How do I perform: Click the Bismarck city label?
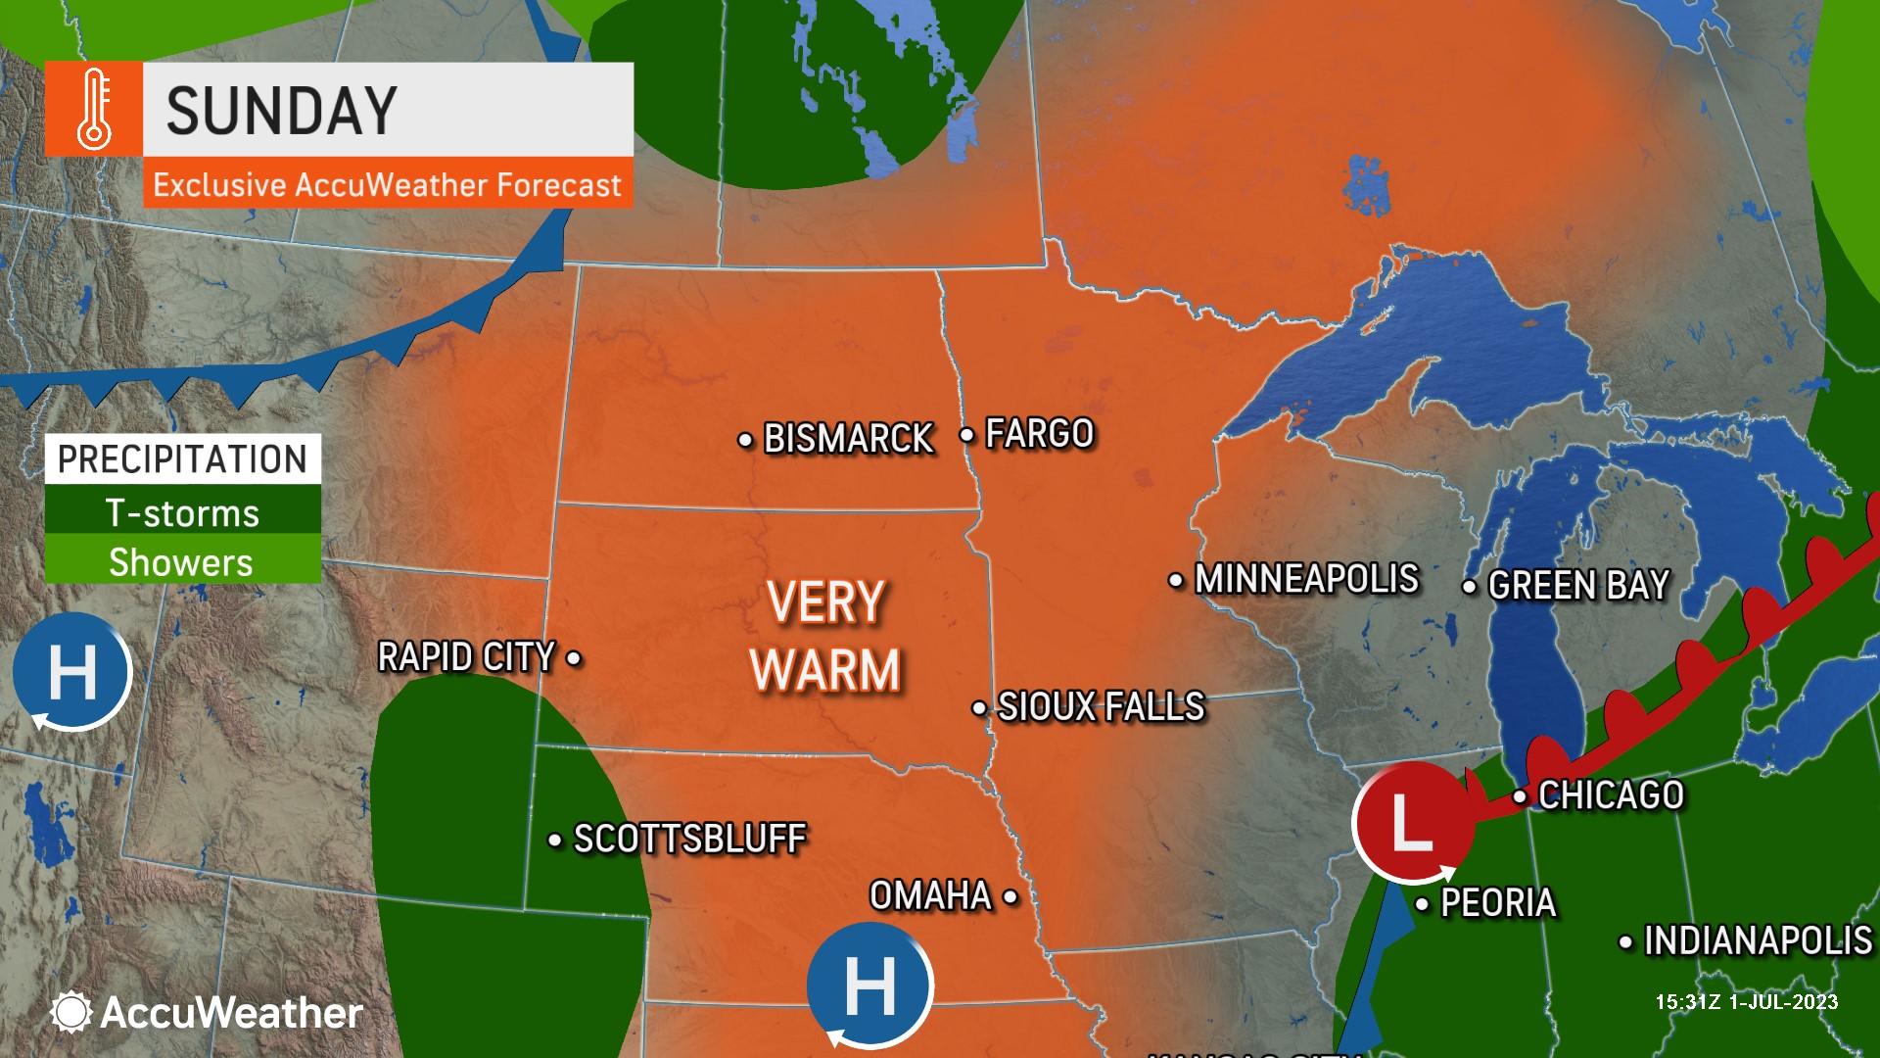(848, 439)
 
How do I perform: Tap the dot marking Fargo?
(966, 434)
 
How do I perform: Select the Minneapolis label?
(1306, 579)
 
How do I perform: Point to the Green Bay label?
(1578, 586)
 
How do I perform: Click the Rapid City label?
(466, 657)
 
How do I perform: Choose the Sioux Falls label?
(1101, 706)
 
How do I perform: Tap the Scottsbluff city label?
(689, 839)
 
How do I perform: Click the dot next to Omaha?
(1010, 895)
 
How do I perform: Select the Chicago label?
(1611, 795)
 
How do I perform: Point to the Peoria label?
(1498, 903)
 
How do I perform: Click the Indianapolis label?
(1758, 941)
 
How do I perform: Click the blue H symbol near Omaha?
(869, 986)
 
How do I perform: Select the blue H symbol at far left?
(71, 672)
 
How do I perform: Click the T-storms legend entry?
(183, 513)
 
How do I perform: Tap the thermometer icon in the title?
(95, 110)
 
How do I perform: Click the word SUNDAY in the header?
(282, 110)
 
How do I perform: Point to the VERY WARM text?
(825, 637)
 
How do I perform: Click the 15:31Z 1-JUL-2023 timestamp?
(1746, 1002)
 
